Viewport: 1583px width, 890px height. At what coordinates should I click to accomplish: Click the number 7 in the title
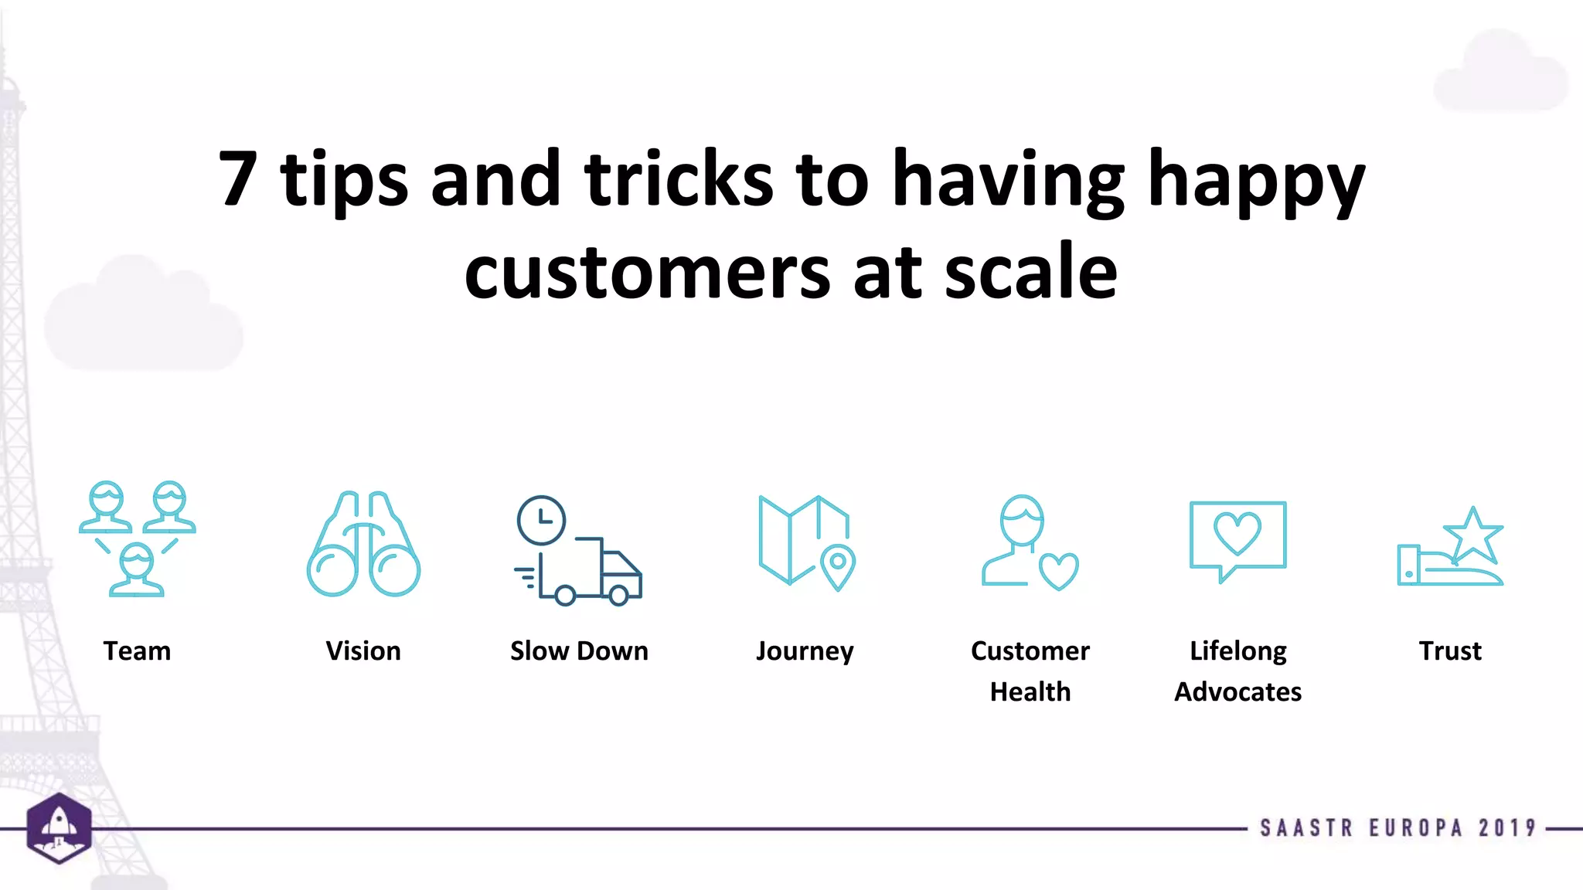[x=238, y=180]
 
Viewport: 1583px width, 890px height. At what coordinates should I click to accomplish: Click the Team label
[x=137, y=651]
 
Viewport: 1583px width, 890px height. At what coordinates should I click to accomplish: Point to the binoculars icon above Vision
[x=363, y=545]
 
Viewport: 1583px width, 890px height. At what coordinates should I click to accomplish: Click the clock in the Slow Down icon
[x=541, y=520]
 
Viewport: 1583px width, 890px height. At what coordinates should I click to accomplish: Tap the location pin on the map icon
[x=838, y=566]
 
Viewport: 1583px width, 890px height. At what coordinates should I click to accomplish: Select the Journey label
[x=805, y=651]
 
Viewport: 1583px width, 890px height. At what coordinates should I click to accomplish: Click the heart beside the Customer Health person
[x=1058, y=571]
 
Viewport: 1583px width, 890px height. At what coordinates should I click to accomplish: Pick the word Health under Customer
[x=1030, y=691]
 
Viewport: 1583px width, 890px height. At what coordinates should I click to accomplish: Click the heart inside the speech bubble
[x=1237, y=532]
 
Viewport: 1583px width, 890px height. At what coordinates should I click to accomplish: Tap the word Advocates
[x=1237, y=691]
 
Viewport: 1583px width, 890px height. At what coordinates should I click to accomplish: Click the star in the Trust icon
[x=1473, y=535]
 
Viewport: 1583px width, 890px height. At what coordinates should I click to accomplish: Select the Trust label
[x=1450, y=651]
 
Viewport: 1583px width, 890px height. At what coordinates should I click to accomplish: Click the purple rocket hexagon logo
[x=60, y=827]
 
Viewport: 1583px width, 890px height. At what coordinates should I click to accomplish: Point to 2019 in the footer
[x=1507, y=828]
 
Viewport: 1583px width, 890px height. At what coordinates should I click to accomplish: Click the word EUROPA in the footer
[x=1416, y=828]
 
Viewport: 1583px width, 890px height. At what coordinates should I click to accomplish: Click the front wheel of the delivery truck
[x=618, y=595]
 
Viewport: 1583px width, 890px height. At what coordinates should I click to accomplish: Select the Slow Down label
[x=579, y=651]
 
